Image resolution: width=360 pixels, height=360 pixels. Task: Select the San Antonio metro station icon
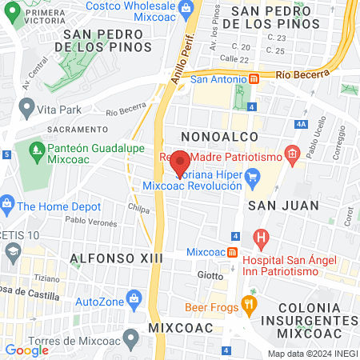point(254,79)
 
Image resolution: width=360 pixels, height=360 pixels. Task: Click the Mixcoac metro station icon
point(231,252)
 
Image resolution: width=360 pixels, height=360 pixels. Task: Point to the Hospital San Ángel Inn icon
point(260,237)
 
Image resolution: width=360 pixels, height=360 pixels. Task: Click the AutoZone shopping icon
point(134,302)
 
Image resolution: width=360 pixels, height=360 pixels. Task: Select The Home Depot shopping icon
point(6,205)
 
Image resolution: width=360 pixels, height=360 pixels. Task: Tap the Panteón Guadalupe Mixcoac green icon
point(36,149)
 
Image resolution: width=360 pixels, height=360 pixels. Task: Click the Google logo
point(26,350)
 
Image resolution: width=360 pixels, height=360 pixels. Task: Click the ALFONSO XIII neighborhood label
point(117,258)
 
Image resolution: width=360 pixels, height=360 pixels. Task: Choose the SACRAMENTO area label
point(77,129)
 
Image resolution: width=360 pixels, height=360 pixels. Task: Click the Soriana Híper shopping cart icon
point(254,177)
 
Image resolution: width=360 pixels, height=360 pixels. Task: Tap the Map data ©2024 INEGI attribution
point(312,354)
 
